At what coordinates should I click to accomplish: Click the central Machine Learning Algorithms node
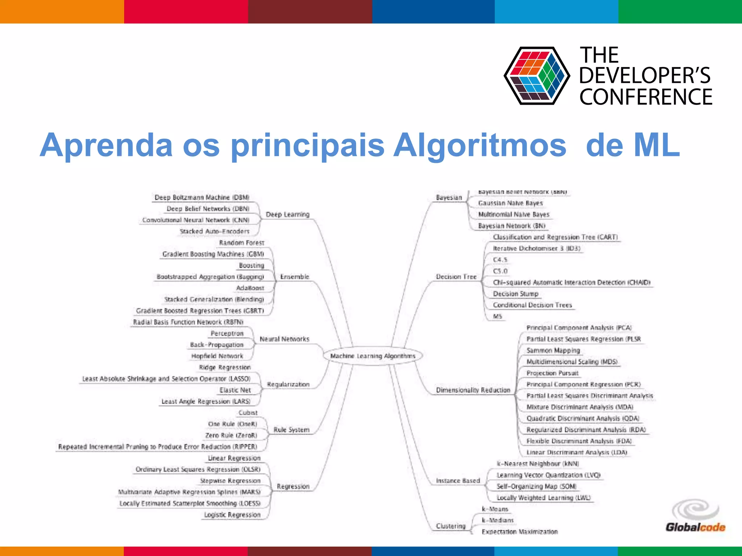click(x=372, y=356)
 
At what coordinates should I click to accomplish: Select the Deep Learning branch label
click(x=287, y=214)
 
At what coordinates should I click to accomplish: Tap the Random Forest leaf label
click(x=242, y=243)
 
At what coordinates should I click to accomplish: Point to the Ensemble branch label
click(x=294, y=277)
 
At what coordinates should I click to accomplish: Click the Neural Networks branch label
click(x=284, y=339)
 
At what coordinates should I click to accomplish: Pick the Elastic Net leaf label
click(x=235, y=390)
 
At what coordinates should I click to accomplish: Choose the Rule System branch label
click(x=291, y=430)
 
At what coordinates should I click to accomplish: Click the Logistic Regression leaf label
click(x=232, y=514)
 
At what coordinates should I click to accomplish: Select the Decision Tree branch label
click(x=456, y=277)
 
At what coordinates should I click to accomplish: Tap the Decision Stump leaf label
click(x=516, y=294)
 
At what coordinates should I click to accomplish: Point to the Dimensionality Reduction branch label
click(x=473, y=390)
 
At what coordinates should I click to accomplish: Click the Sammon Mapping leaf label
click(x=553, y=350)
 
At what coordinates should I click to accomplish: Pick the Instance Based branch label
click(x=458, y=480)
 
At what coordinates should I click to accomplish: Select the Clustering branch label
click(x=451, y=526)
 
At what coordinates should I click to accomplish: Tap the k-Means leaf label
click(x=495, y=509)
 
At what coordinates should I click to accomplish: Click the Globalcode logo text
click(x=695, y=527)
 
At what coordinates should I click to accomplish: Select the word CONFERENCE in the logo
click(x=646, y=97)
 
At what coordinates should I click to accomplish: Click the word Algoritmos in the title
click(x=480, y=145)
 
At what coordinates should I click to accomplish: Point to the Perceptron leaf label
click(x=227, y=333)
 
